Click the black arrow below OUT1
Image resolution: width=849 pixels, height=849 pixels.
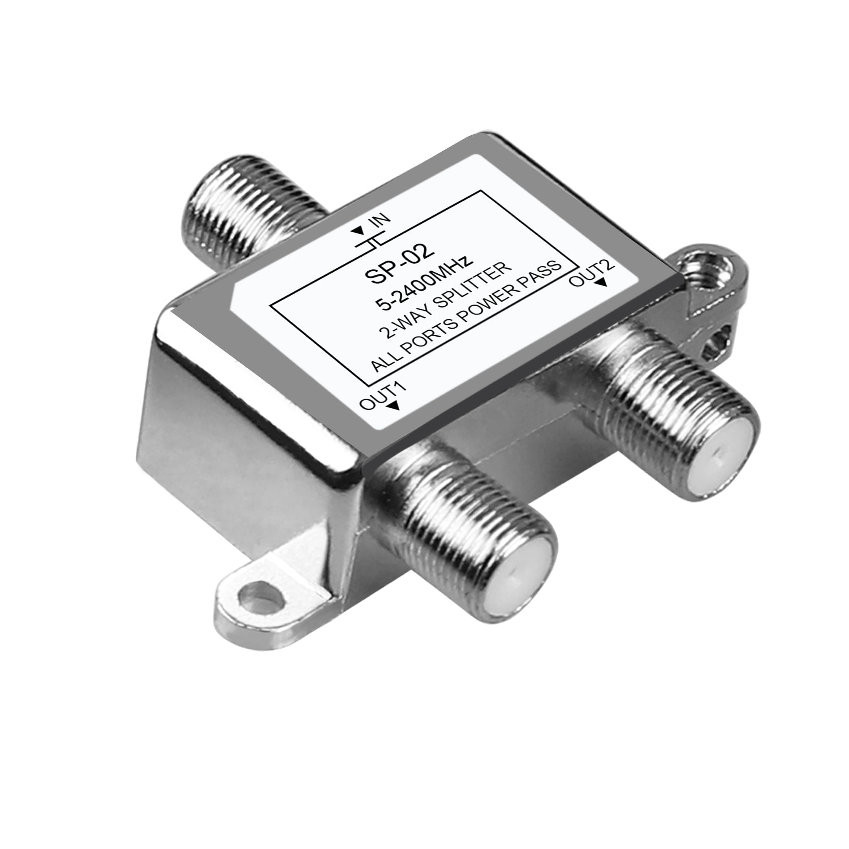click(394, 407)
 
